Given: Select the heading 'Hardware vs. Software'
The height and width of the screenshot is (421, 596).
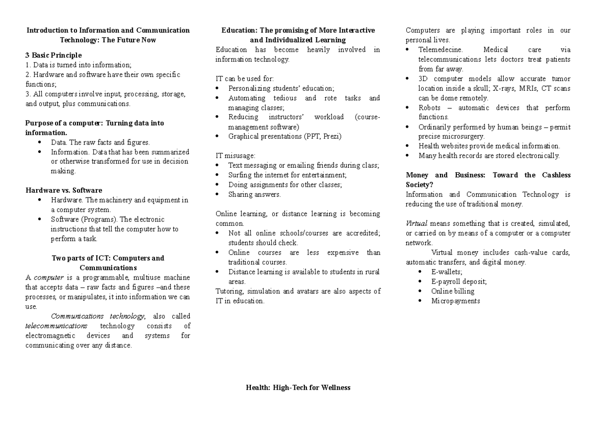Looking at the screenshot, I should pyautogui.click(x=64, y=190).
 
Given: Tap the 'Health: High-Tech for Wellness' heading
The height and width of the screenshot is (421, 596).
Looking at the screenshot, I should pyautogui.click(x=298, y=387).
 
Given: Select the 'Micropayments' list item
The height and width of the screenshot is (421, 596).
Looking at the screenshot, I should pyautogui.click(x=455, y=301).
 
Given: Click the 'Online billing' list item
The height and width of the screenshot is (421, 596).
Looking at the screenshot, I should pyautogui.click(x=452, y=291).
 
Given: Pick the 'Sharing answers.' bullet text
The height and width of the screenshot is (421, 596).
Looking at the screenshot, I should pyautogui.click(x=254, y=194).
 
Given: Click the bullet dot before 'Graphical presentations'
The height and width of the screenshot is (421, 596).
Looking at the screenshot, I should pyautogui.click(x=218, y=136).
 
